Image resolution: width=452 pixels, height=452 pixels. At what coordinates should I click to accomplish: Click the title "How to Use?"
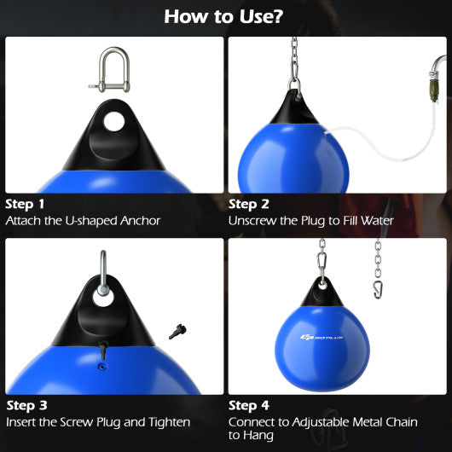(x=225, y=16)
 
